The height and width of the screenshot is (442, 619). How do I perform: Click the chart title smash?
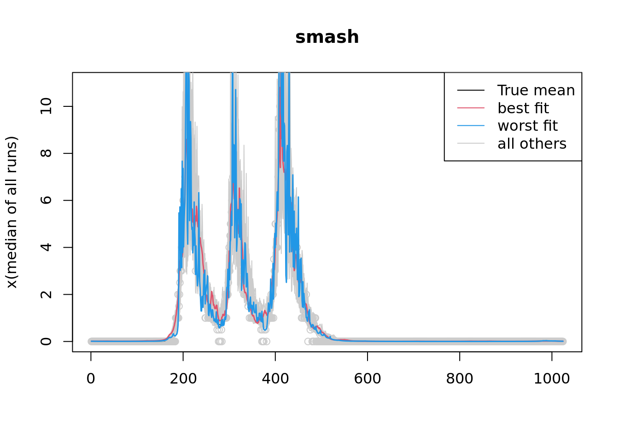click(x=327, y=37)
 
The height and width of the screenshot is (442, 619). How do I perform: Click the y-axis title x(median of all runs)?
click(x=12, y=212)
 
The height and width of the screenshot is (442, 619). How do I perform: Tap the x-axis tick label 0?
click(x=91, y=379)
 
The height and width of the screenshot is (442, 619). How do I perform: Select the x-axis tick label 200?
click(x=183, y=379)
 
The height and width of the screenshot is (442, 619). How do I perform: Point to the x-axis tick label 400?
click(x=275, y=379)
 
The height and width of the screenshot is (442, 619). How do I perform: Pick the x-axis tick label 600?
click(x=367, y=379)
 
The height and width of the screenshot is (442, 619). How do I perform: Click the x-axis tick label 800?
click(x=460, y=379)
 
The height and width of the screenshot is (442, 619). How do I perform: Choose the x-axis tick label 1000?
click(x=552, y=379)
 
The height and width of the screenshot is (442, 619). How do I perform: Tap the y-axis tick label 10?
click(x=46, y=106)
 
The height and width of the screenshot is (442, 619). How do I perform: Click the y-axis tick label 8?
click(x=46, y=153)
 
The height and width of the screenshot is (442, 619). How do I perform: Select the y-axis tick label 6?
click(x=46, y=200)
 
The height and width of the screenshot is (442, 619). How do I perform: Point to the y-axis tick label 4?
click(x=46, y=247)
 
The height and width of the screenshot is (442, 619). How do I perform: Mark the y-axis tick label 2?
click(x=46, y=294)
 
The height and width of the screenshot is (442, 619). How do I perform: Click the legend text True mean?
click(x=536, y=90)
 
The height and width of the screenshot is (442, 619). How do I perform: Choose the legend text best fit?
click(x=523, y=108)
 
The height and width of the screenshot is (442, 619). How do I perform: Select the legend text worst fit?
click(x=527, y=126)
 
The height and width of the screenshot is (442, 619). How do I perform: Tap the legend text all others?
click(x=532, y=144)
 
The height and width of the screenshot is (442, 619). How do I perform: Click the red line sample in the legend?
click(x=471, y=108)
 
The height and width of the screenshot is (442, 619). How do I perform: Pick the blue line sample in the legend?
click(x=471, y=126)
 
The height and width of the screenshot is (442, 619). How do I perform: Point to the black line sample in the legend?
click(x=471, y=90)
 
